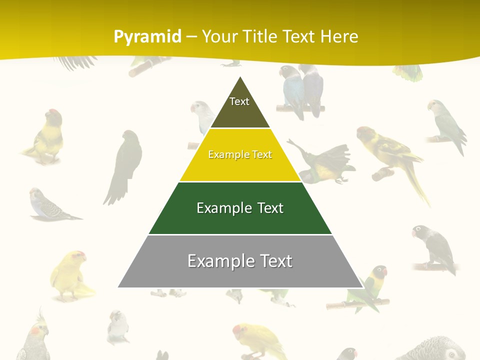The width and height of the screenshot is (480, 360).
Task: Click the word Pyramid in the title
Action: point(147,37)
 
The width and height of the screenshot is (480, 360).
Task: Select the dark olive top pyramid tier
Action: point(240,107)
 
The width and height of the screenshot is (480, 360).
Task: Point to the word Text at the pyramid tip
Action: point(239,101)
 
